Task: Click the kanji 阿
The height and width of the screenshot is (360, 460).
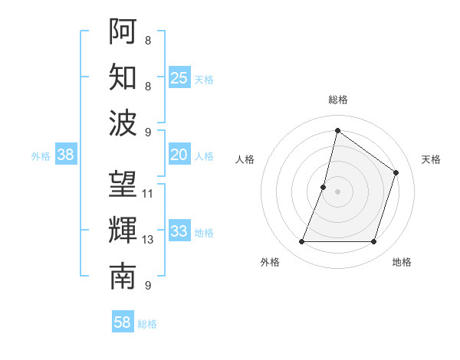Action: [123, 30]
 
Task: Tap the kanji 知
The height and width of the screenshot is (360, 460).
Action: [123, 77]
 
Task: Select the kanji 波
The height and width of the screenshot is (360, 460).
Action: [123, 123]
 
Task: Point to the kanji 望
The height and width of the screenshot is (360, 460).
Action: [123, 184]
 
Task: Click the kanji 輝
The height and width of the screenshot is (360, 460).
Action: [123, 231]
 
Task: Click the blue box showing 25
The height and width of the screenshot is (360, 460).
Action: [179, 77]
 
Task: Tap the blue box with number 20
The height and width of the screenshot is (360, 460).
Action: [179, 155]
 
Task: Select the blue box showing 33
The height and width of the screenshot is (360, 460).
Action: [179, 231]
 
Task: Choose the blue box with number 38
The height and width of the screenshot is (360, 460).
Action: [65, 155]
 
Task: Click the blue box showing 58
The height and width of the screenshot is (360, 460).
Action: [123, 322]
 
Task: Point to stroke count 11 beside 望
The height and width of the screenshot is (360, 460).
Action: [148, 193]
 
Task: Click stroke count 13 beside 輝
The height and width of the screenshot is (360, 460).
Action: [148, 240]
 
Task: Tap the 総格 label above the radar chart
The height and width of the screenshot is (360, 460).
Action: [337, 100]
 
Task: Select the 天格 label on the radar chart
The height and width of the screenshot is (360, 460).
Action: [432, 159]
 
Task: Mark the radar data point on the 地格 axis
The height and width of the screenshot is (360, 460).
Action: [374, 242]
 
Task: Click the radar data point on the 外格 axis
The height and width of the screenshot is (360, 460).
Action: [301, 242]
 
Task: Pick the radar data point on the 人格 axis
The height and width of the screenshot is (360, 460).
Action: [324, 187]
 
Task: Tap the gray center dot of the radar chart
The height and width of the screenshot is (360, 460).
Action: [337, 191]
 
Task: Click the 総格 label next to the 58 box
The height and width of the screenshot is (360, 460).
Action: [147, 324]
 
